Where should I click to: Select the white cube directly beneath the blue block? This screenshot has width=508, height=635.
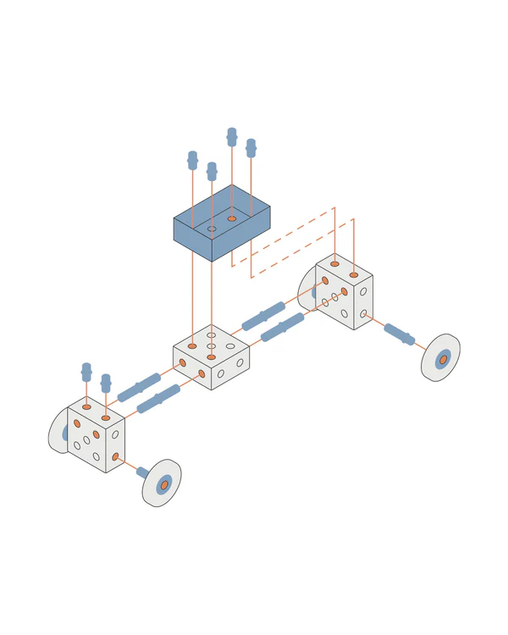(211, 356)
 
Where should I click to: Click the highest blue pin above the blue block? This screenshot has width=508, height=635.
(231, 136)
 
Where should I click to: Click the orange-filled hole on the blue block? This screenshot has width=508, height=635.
(231, 218)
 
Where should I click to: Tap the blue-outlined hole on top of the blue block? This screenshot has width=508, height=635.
(212, 229)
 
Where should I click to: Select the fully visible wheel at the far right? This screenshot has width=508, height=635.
(441, 358)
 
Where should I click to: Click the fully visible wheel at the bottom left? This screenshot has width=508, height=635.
(163, 483)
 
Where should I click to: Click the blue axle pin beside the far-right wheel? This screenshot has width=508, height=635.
(399, 334)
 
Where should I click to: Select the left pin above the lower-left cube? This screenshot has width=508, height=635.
(86, 372)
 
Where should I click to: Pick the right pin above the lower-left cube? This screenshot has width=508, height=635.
(106, 383)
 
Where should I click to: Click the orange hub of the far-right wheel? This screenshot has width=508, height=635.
(443, 358)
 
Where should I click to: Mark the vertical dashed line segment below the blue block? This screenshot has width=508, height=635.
(232, 255)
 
